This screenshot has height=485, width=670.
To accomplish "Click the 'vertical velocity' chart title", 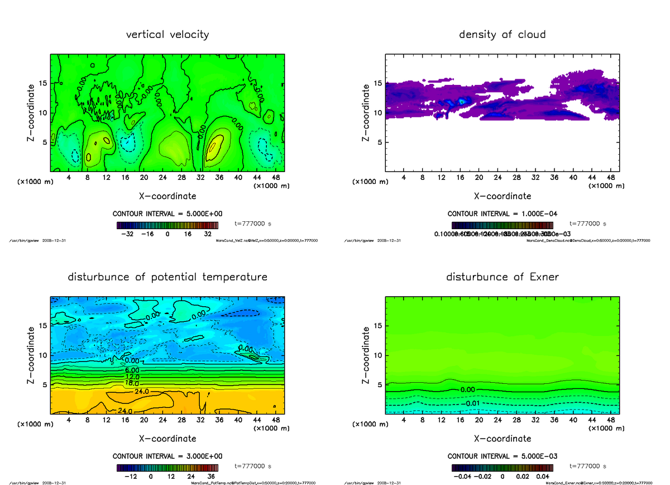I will coord(167,35).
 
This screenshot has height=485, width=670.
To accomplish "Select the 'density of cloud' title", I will coord(502,35).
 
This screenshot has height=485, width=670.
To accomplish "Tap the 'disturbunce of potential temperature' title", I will coord(167,277).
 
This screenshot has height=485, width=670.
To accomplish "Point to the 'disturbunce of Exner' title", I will coord(502,277).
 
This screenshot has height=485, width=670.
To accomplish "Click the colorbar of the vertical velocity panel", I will coord(167,225).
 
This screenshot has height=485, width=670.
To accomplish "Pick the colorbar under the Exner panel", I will coord(502,467).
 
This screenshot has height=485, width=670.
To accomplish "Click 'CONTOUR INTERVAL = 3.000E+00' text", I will coord(167,456).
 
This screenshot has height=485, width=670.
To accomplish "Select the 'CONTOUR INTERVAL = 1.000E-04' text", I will coord(502,213).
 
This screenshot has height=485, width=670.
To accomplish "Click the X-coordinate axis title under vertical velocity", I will coord(167,196).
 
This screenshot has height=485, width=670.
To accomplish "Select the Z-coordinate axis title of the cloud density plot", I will coord(366,112).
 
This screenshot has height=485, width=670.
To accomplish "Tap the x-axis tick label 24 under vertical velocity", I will coord(162,178).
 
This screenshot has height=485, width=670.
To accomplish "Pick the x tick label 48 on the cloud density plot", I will coord(611,178).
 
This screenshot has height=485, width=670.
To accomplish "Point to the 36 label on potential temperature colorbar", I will coord(212,477).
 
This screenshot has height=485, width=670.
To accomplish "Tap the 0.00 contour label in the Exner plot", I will coord(468,389).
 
